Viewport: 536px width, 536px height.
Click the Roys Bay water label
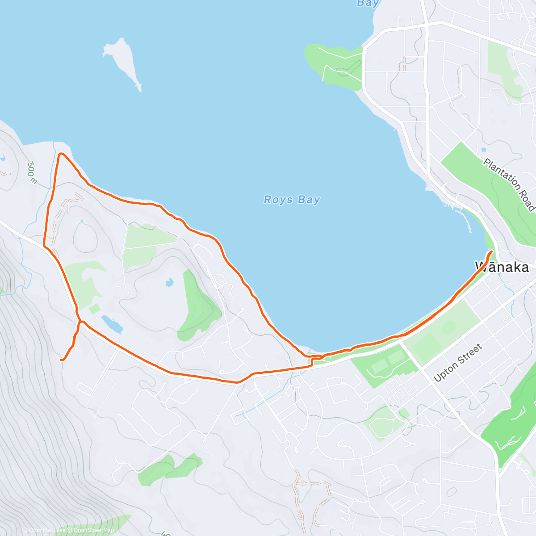[292, 200]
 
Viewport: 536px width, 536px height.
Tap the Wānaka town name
[502, 267]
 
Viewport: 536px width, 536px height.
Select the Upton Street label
[458, 362]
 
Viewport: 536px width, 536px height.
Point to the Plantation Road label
[509, 184]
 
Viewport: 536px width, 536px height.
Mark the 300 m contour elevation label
[31, 172]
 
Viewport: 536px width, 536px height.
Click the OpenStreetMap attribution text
[94, 530]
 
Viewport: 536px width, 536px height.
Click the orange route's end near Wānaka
[491, 252]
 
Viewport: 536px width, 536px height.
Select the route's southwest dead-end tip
[61, 360]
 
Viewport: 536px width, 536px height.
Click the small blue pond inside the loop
[169, 282]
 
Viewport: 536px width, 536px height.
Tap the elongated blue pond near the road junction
[112, 324]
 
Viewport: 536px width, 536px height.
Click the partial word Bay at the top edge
[368, 4]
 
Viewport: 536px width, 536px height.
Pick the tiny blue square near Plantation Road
[484, 149]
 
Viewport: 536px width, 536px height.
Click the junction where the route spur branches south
[80, 322]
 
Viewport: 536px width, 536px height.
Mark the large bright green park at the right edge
[509, 424]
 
